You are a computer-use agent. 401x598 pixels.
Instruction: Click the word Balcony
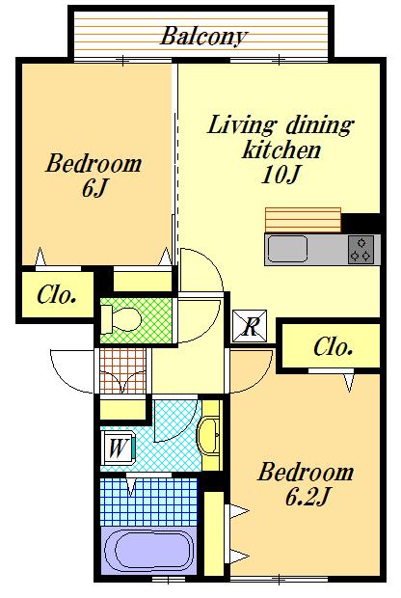coord(203,37)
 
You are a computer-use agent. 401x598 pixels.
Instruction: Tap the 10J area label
coord(281,175)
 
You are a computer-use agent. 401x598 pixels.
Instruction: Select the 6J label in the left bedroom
coord(94,188)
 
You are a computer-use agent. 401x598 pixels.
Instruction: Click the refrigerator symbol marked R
coord(250,326)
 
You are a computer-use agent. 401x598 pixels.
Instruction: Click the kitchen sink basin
coord(287,249)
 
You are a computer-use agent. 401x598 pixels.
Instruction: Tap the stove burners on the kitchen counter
coord(361,250)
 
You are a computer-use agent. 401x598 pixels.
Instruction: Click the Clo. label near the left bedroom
coord(57,295)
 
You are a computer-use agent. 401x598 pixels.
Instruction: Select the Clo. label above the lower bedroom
coord(333,347)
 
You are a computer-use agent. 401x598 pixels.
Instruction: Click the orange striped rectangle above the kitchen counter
coord(303,220)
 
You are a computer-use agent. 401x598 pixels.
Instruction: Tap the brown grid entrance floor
coord(122,370)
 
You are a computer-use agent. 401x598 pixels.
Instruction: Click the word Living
coord(241,125)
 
